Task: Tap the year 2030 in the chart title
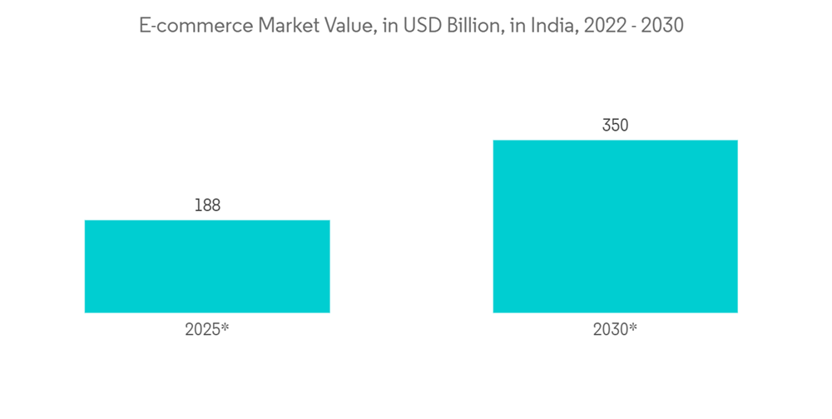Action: point(662,26)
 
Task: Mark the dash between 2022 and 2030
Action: point(632,27)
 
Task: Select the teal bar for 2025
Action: point(207,266)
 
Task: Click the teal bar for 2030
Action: point(615,226)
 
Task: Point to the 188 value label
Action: point(207,205)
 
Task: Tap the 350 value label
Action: point(615,126)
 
